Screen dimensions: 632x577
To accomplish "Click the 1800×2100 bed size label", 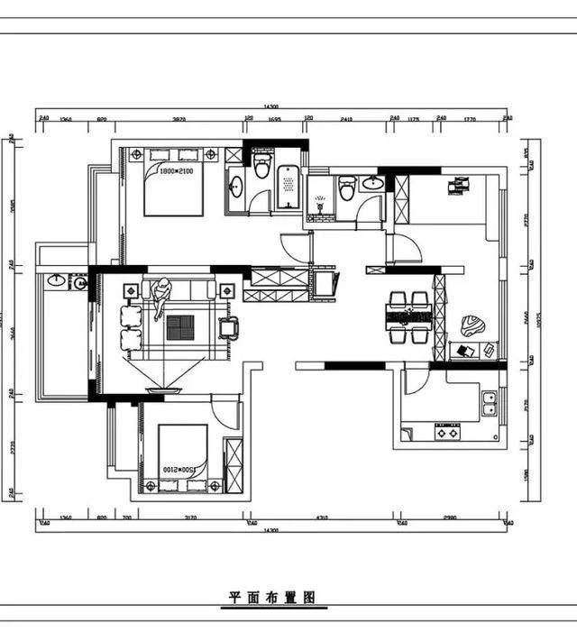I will point(176,170).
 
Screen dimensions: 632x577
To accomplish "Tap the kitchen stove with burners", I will point(448,432).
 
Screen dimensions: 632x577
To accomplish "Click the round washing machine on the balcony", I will point(79,283).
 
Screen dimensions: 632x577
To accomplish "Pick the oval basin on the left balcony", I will point(56,281).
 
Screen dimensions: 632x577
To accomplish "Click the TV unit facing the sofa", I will point(163,390).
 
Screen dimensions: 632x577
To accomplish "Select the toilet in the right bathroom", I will point(347,189).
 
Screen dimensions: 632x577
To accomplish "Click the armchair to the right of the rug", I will point(229,326).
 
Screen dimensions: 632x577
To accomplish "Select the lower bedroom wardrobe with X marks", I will point(233,463).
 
